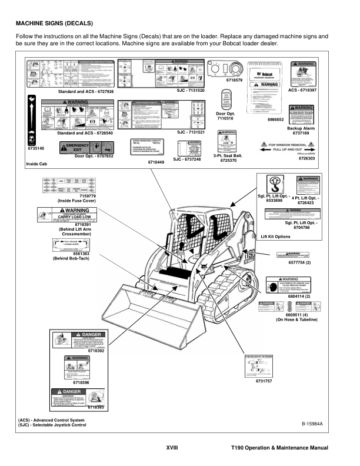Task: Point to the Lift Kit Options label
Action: pos(275,236)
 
